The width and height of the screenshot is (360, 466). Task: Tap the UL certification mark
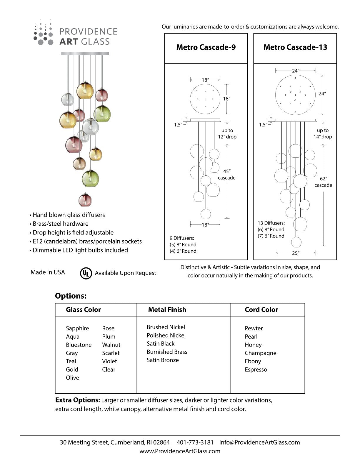(86, 273)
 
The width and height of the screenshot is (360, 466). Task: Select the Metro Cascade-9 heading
(206, 47)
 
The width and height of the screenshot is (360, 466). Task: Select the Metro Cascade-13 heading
(295, 47)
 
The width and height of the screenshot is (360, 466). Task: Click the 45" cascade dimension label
(227, 174)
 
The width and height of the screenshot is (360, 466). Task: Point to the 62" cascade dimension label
(323, 182)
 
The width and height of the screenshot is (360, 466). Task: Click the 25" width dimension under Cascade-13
(296, 253)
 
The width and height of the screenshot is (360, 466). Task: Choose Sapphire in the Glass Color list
(77, 328)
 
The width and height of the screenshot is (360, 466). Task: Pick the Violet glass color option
(109, 361)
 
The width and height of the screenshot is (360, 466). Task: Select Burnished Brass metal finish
(167, 352)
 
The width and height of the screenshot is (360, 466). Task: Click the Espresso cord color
(256, 370)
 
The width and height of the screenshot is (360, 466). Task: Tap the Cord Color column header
(261, 309)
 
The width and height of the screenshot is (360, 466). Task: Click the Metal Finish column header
(167, 309)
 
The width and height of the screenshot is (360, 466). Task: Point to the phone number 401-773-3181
(195, 442)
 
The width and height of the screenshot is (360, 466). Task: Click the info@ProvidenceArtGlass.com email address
(259, 442)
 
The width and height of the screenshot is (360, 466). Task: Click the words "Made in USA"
(48, 272)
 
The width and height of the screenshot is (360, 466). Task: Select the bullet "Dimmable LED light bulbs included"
(80, 250)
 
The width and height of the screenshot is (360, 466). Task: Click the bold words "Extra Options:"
(78, 400)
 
